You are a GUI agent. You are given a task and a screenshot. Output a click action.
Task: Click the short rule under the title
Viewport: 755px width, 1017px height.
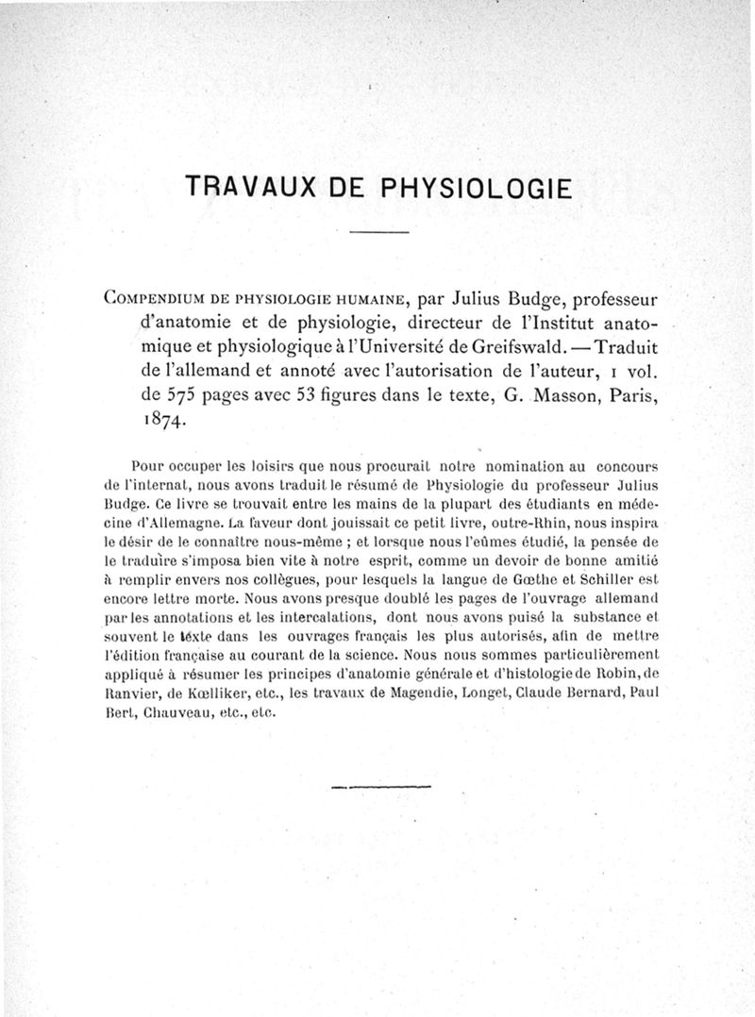pyautogui.click(x=377, y=232)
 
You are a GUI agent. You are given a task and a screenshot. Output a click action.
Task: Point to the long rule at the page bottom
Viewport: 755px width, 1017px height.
pyautogui.click(x=382, y=785)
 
